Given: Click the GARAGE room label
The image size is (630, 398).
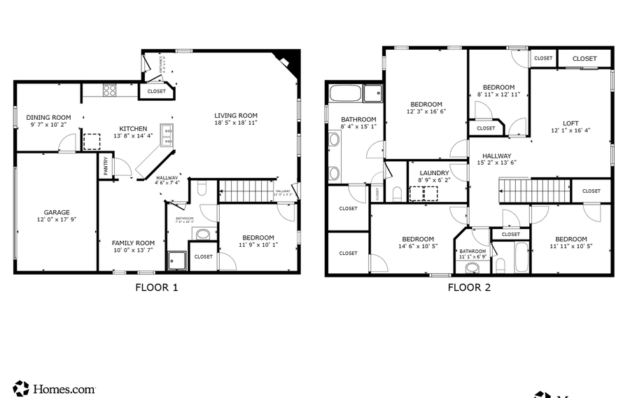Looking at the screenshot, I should [x=57, y=212].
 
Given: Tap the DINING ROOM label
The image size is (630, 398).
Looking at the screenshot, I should [x=48, y=117].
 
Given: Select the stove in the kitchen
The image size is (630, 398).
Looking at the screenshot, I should [x=110, y=90].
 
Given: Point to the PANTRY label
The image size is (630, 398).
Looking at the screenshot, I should [x=106, y=166].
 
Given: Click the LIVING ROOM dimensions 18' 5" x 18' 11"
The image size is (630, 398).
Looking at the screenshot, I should [x=235, y=123].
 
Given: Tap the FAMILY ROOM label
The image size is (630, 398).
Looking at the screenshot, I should [x=133, y=243].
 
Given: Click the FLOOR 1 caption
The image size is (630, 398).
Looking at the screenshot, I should [x=157, y=287].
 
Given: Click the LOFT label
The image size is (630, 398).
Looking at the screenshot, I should [x=570, y=123].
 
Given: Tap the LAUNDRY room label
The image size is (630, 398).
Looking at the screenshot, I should [x=434, y=173].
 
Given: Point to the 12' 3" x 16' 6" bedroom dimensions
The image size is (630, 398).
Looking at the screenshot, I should [x=426, y=111].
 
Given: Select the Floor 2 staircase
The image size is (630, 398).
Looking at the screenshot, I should [x=534, y=190].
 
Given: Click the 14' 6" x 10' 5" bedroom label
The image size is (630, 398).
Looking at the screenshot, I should [x=418, y=239].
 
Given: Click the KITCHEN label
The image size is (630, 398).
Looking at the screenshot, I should [x=133, y=128].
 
